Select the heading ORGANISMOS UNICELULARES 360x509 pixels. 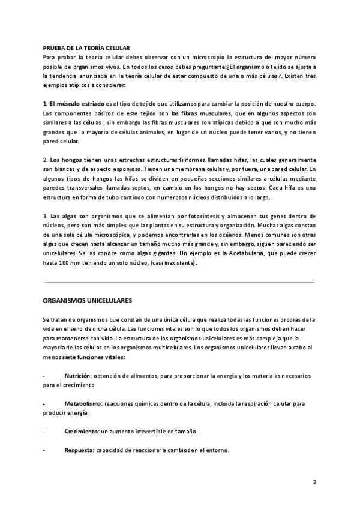click(88, 300)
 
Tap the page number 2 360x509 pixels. click(314, 483)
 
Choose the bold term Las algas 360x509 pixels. click(62, 216)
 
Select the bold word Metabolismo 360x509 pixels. click(85, 404)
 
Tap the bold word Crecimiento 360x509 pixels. click(82, 432)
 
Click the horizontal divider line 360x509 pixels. click(179, 282)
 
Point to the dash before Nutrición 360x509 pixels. click(44, 375)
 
